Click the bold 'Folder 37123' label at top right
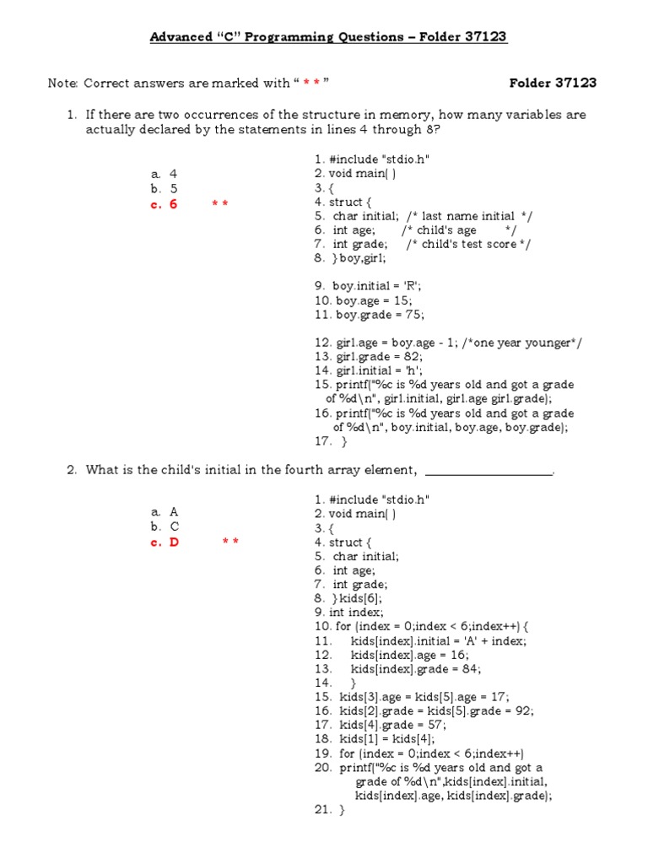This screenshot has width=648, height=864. click(x=553, y=83)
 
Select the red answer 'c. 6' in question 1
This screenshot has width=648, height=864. click(x=165, y=203)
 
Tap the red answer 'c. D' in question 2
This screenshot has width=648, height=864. click(x=165, y=543)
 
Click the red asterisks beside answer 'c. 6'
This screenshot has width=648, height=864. click(x=220, y=204)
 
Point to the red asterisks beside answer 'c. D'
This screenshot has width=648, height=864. click(x=230, y=543)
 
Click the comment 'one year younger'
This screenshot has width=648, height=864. click(x=531, y=343)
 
